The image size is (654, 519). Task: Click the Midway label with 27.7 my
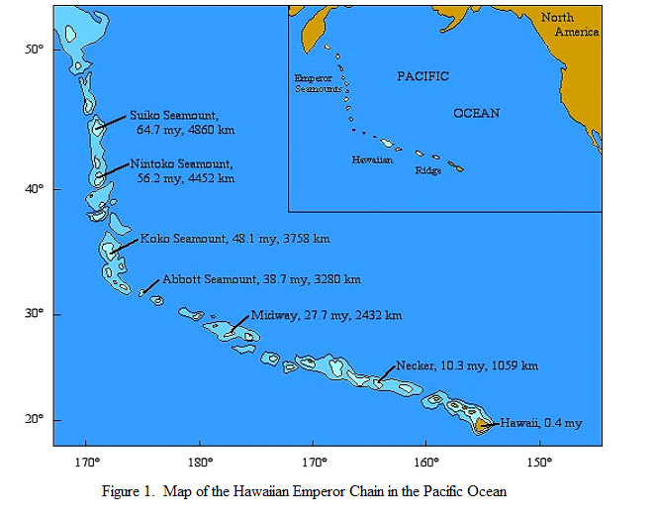click(x=326, y=315)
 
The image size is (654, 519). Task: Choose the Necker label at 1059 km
click(x=466, y=365)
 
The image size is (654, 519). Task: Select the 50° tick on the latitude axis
click(x=33, y=50)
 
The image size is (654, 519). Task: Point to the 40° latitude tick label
click(x=33, y=189)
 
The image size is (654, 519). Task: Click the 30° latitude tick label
click(x=33, y=314)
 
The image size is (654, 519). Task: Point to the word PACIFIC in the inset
click(x=422, y=76)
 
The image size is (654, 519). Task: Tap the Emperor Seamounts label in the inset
click(x=319, y=83)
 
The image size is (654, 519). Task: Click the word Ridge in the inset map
click(x=427, y=170)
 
